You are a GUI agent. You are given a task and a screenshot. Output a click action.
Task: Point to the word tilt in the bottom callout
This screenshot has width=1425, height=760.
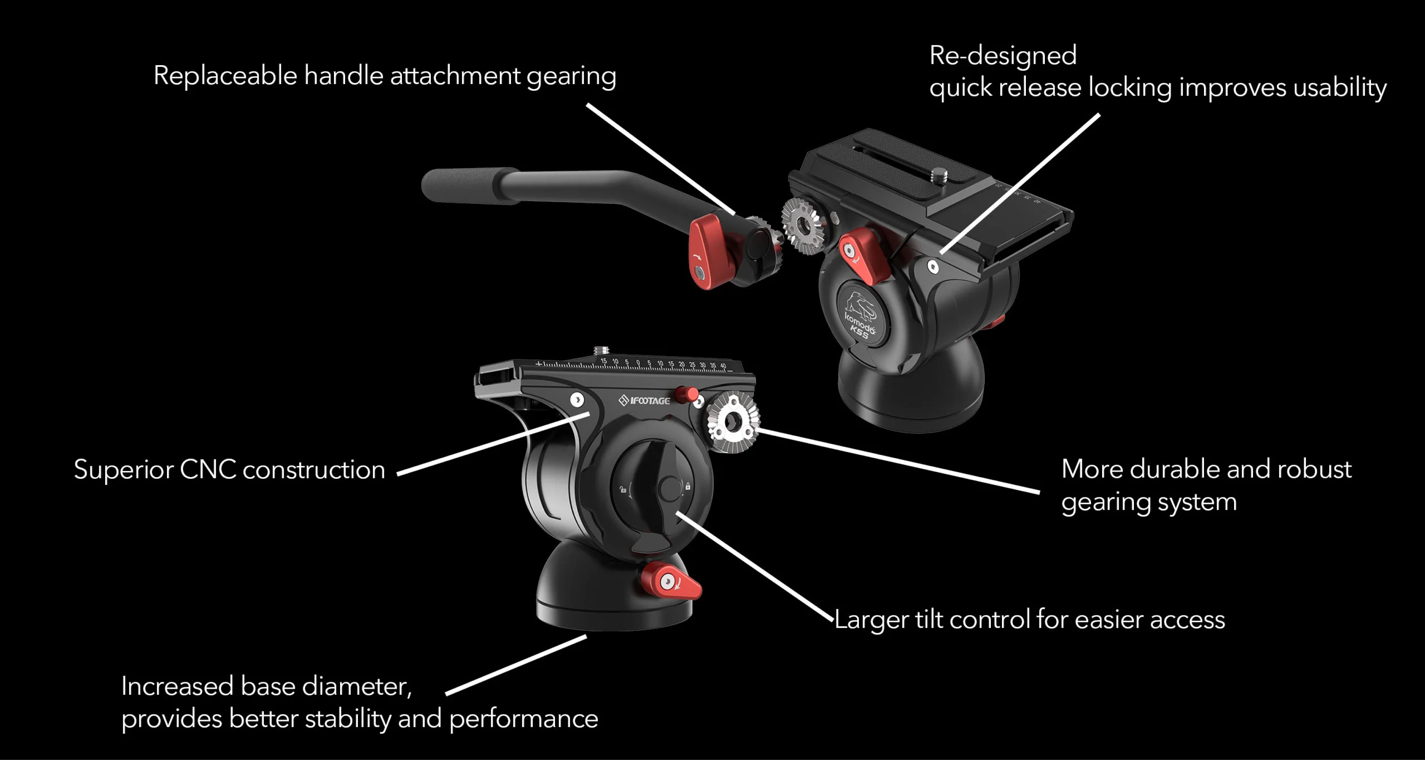(928, 619)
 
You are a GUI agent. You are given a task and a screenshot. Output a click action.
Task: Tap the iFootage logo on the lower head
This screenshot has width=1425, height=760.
(644, 400)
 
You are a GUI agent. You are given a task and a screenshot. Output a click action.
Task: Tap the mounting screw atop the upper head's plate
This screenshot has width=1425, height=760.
(939, 176)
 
